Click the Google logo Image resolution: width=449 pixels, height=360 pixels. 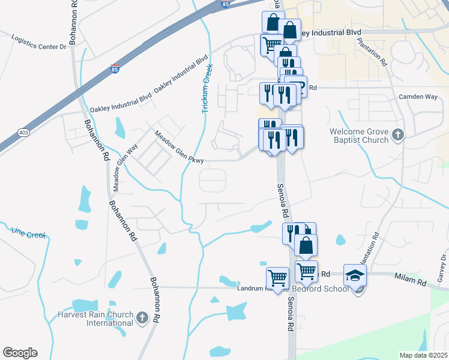coord(20,353)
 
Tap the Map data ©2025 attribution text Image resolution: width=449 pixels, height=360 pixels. coord(423,355)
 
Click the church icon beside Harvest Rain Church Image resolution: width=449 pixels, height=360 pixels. coord(142,317)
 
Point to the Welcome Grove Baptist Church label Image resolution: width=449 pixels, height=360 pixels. coord(359,136)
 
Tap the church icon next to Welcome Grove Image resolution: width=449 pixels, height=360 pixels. coord(397,136)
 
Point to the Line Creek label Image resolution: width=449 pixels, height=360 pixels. coord(28,233)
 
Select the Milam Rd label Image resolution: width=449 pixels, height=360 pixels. coord(410,278)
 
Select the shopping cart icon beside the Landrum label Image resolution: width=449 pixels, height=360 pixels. coord(277,277)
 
